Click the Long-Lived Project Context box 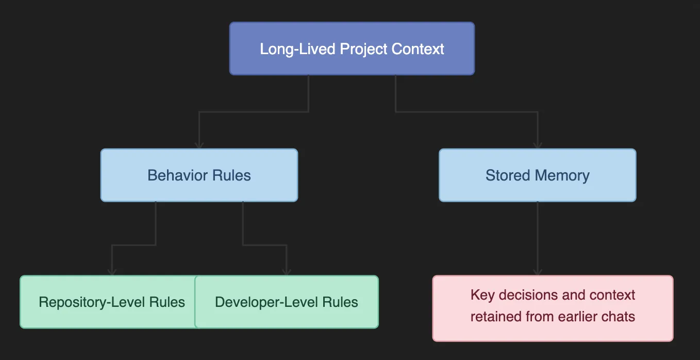point(352,49)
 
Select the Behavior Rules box point(199,175)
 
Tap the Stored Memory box point(537,175)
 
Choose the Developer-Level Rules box point(287,302)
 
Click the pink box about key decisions point(553,308)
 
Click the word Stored point(508,175)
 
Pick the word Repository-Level point(92,302)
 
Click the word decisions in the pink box point(531,295)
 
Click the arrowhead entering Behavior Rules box point(199,145)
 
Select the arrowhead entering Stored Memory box point(537,145)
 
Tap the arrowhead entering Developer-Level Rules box point(287,272)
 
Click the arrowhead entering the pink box point(537,272)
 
